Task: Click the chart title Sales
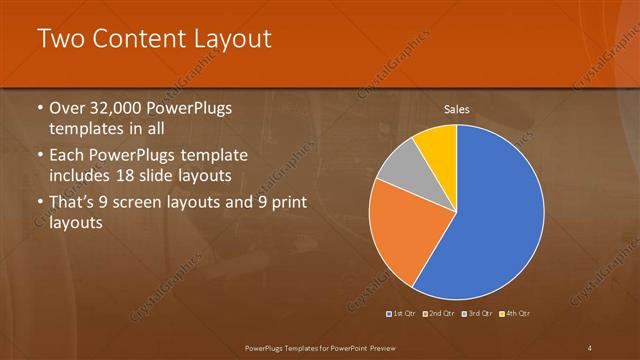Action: coord(457,109)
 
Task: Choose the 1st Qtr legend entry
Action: coord(403,314)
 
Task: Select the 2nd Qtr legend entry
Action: coord(441,314)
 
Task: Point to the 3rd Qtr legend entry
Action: coord(477,314)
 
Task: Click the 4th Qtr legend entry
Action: coord(514,314)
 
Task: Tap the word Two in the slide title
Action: coord(60,40)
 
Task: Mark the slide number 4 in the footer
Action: coord(590,347)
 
